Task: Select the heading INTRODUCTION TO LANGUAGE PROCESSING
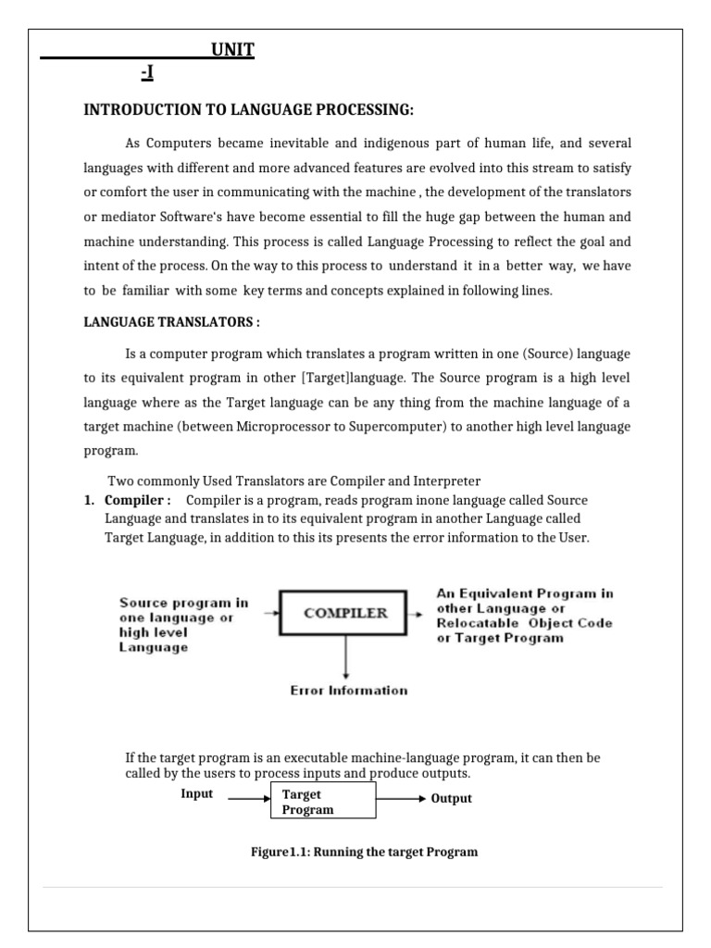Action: coord(249,110)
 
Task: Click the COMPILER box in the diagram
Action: coord(345,612)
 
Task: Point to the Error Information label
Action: coord(348,690)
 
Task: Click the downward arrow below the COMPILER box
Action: coord(345,656)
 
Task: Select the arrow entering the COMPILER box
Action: coord(270,612)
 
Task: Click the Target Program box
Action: coord(323,802)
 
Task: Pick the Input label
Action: coord(197,794)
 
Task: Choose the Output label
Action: coord(452,798)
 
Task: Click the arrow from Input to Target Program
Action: coord(248,797)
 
